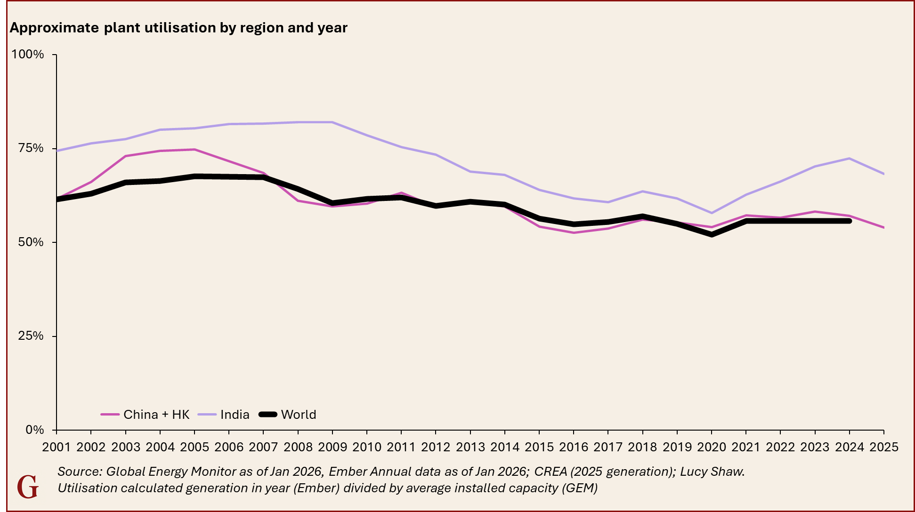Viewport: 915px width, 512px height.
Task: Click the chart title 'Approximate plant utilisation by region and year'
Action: [178, 28]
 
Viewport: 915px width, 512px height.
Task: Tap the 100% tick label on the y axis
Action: [27, 55]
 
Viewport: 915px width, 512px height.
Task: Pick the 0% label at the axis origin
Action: [34, 430]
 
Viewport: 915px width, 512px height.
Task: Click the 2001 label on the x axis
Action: [57, 447]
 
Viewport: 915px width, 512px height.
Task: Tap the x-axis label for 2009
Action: [332, 447]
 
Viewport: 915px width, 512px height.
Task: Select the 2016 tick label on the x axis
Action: [574, 447]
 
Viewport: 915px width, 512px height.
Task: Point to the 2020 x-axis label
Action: [712, 447]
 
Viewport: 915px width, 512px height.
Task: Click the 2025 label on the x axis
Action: [884, 447]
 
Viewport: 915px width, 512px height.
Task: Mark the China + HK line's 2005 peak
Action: [194, 150]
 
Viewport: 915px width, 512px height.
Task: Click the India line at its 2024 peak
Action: [850, 158]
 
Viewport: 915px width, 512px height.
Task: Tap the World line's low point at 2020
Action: [712, 234]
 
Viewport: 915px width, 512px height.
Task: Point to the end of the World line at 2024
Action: [849, 221]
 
